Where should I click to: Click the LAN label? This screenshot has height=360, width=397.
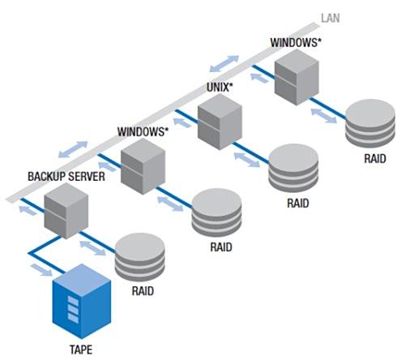pyautogui.click(x=330, y=18)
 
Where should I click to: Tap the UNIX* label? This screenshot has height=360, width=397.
pyautogui.click(x=220, y=87)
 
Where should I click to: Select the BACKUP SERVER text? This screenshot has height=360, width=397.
pyautogui.click(x=66, y=177)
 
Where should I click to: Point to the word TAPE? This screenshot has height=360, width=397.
pyautogui.click(x=81, y=349)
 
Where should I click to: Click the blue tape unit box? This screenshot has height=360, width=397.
pyautogui.click(x=82, y=301)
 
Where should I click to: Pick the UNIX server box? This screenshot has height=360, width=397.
pyautogui.click(x=220, y=122)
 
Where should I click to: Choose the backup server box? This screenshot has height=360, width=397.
pyautogui.click(x=66, y=211)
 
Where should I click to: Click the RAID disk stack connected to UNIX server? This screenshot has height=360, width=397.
pyautogui.click(x=293, y=168)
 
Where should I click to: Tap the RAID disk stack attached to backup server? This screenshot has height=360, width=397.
pyautogui.click(x=139, y=257)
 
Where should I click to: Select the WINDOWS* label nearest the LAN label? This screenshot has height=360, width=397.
pyautogui.click(x=296, y=43)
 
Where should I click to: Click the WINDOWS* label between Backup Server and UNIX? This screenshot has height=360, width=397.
pyautogui.click(x=143, y=131)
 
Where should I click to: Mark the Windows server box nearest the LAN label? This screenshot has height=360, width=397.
pyautogui.click(x=297, y=77)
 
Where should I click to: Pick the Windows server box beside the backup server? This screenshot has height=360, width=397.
pyautogui.click(x=143, y=166)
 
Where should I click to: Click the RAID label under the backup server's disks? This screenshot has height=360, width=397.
pyautogui.click(x=143, y=291)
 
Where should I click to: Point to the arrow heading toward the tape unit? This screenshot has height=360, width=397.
pyautogui.click(x=41, y=270)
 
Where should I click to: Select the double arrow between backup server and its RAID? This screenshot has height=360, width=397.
pyautogui.click(x=93, y=248)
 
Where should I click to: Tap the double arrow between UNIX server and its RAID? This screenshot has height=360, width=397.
pyautogui.click(x=247, y=160)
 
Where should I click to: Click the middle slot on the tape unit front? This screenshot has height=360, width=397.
pyautogui.click(x=73, y=310)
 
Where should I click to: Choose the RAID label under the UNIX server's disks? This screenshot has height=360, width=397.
pyautogui.click(x=298, y=203)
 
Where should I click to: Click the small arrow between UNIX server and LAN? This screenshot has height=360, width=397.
pyautogui.click(x=182, y=122)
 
